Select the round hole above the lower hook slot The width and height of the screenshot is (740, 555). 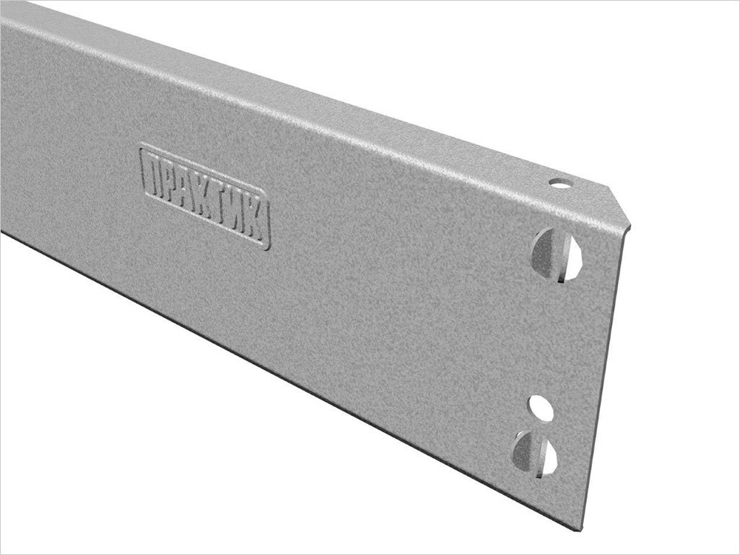[541, 408]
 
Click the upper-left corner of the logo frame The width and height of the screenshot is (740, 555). [142, 146]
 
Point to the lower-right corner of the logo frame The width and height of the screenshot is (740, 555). [268, 247]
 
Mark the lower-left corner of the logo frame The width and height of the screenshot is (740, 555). [142, 194]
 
